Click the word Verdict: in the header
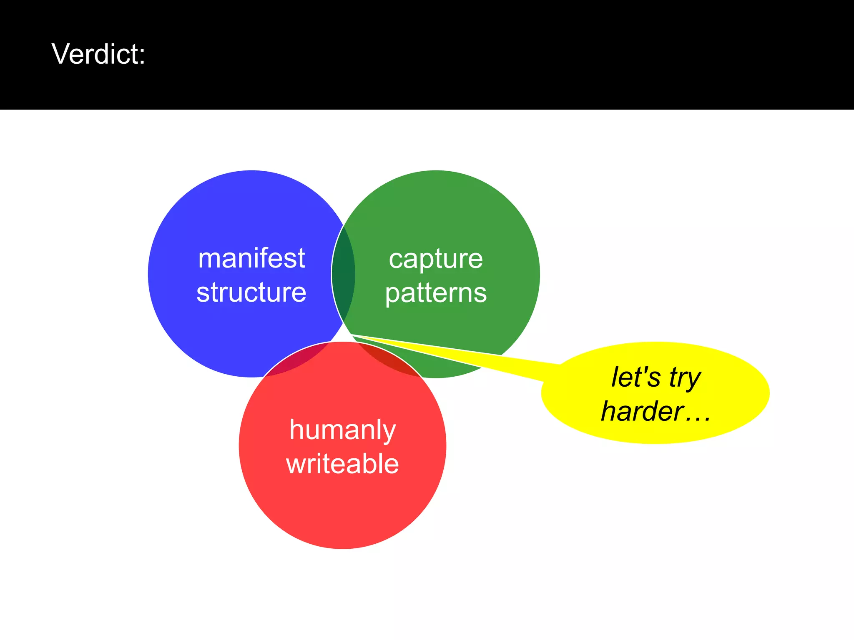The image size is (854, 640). pos(98,54)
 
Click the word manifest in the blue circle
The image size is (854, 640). pos(251,258)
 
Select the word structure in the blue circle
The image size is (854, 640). pos(251,292)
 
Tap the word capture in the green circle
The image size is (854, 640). pos(436,259)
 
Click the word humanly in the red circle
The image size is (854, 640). pos(342,430)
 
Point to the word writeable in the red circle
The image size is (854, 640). pos(342,464)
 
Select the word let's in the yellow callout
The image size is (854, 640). pos(635,377)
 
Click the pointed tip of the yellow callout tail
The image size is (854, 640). pos(354,335)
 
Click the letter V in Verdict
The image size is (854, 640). pos(60,54)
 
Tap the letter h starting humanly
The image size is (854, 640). pos(296,429)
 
